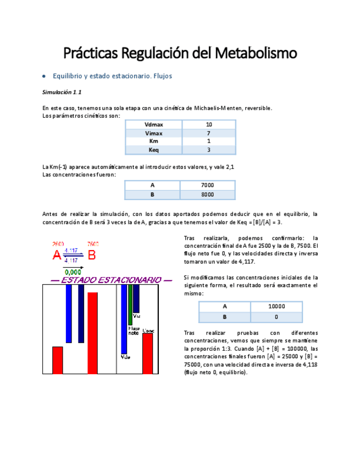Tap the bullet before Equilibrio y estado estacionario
[43, 76]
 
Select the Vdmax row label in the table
[153, 124]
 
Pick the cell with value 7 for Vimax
[209, 133]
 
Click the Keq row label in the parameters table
[153, 150]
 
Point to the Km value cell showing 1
[209, 141]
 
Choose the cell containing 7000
[207, 186]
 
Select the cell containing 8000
[207, 195]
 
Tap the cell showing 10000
[276, 307]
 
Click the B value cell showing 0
[276, 317]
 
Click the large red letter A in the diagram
[57, 256]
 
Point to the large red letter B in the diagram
[92, 256]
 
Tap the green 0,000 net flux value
[73, 271]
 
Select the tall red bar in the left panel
[92, 332]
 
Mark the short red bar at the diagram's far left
[57, 360]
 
